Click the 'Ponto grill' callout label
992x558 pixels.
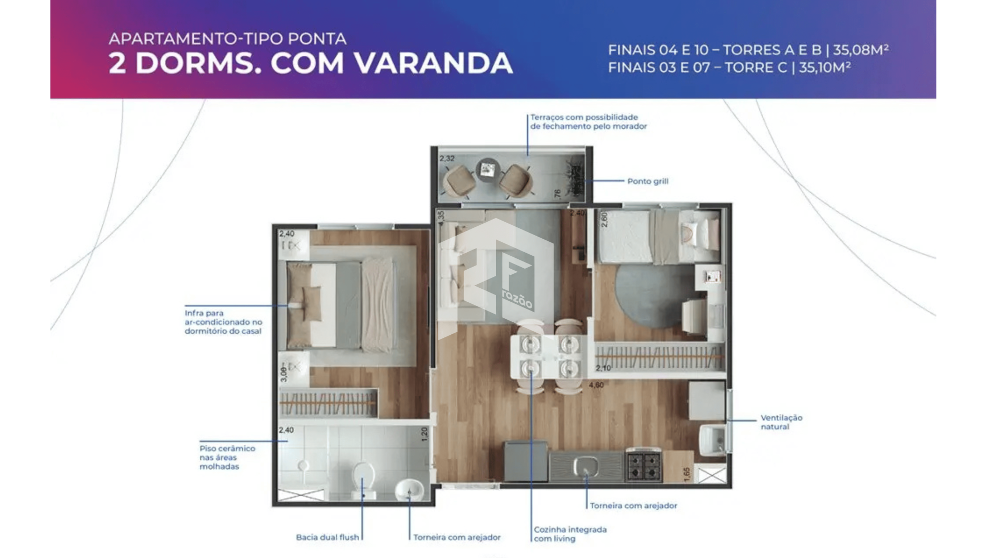tap(647, 181)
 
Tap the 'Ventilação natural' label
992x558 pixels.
tap(781, 422)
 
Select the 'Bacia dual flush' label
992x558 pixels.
tap(327, 537)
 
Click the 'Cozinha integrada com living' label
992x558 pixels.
tap(570, 534)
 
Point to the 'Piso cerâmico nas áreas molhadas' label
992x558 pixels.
tap(227, 457)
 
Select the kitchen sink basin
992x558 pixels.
tap(586, 467)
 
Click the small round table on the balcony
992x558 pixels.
tap(487, 169)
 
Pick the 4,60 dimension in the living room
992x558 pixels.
tap(596, 385)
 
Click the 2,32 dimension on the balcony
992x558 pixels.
tap(447, 159)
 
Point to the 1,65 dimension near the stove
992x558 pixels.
tap(687, 474)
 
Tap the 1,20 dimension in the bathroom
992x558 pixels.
tap(425, 433)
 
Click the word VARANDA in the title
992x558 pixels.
tap(433, 63)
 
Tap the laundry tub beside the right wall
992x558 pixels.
tap(712, 440)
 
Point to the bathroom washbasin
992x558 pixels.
tap(410, 490)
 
